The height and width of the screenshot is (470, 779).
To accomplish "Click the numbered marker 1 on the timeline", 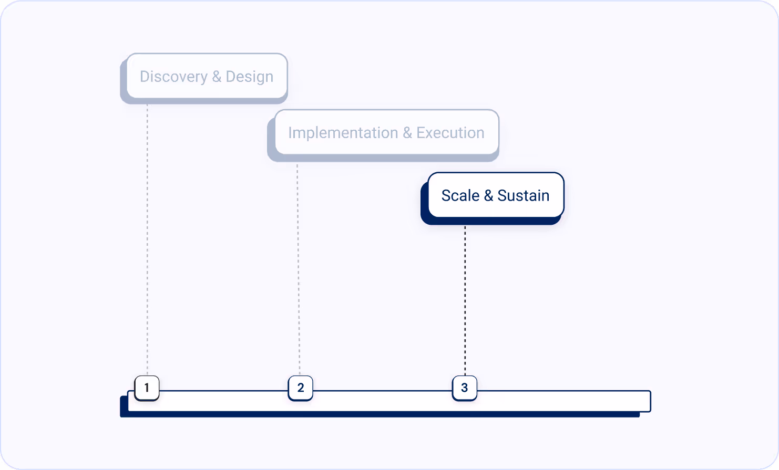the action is (x=147, y=388).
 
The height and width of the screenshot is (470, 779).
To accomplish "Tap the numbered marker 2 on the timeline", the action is (x=300, y=388).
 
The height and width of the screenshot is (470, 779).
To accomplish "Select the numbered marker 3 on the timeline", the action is (x=464, y=388).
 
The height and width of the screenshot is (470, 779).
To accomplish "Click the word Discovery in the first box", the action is (x=173, y=77).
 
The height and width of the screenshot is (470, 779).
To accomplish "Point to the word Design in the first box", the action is (x=249, y=77).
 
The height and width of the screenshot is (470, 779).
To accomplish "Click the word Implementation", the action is (x=343, y=133).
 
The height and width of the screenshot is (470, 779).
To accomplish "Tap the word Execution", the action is (x=450, y=133).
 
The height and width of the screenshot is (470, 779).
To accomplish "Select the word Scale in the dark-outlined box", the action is (x=460, y=195).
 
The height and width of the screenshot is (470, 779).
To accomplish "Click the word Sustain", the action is (x=523, y=195).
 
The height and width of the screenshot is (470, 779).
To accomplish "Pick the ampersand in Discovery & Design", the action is (x=217, y=77).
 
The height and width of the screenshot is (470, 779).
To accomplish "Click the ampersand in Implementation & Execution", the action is (x=407, y=133).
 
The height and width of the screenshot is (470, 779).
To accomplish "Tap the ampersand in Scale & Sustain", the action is (x=488, y=195).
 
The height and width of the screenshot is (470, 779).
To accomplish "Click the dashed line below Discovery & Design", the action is (x=147, y=236).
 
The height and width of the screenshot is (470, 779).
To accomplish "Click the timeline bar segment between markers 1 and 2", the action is (x=223, y=401).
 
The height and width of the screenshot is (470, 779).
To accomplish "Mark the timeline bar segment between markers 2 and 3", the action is (x=382, y=401).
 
